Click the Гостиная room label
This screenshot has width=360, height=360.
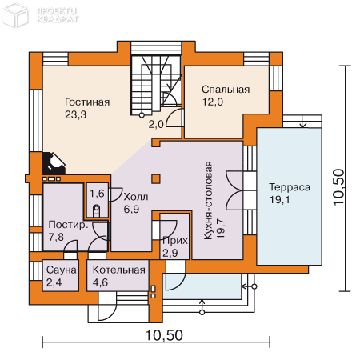point(87,102)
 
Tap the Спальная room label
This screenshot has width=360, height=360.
point(226,90)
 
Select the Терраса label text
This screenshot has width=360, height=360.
point(290,187)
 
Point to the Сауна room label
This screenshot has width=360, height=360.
point(62,270)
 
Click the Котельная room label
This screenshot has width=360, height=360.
point(119,270)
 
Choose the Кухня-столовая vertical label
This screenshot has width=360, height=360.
point(208,200)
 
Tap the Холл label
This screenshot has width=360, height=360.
point(136,197)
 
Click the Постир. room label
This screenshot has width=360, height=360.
point(68,225)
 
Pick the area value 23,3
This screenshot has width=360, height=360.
point(76,114)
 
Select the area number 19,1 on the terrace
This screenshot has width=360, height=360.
point(280,199)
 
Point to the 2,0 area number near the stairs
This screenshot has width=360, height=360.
point(156,124)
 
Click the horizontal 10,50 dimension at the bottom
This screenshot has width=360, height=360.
point(164,335)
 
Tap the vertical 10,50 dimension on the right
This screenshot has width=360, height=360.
point(339,187)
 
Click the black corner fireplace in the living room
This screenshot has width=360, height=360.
point(54,163)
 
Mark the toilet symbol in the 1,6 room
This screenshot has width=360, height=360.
point(96,210)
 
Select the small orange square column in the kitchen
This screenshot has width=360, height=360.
point(156,178)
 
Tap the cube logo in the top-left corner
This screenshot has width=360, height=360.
point(15,15)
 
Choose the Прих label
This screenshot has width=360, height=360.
point(175,241)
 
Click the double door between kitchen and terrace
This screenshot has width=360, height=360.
point(234,190)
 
